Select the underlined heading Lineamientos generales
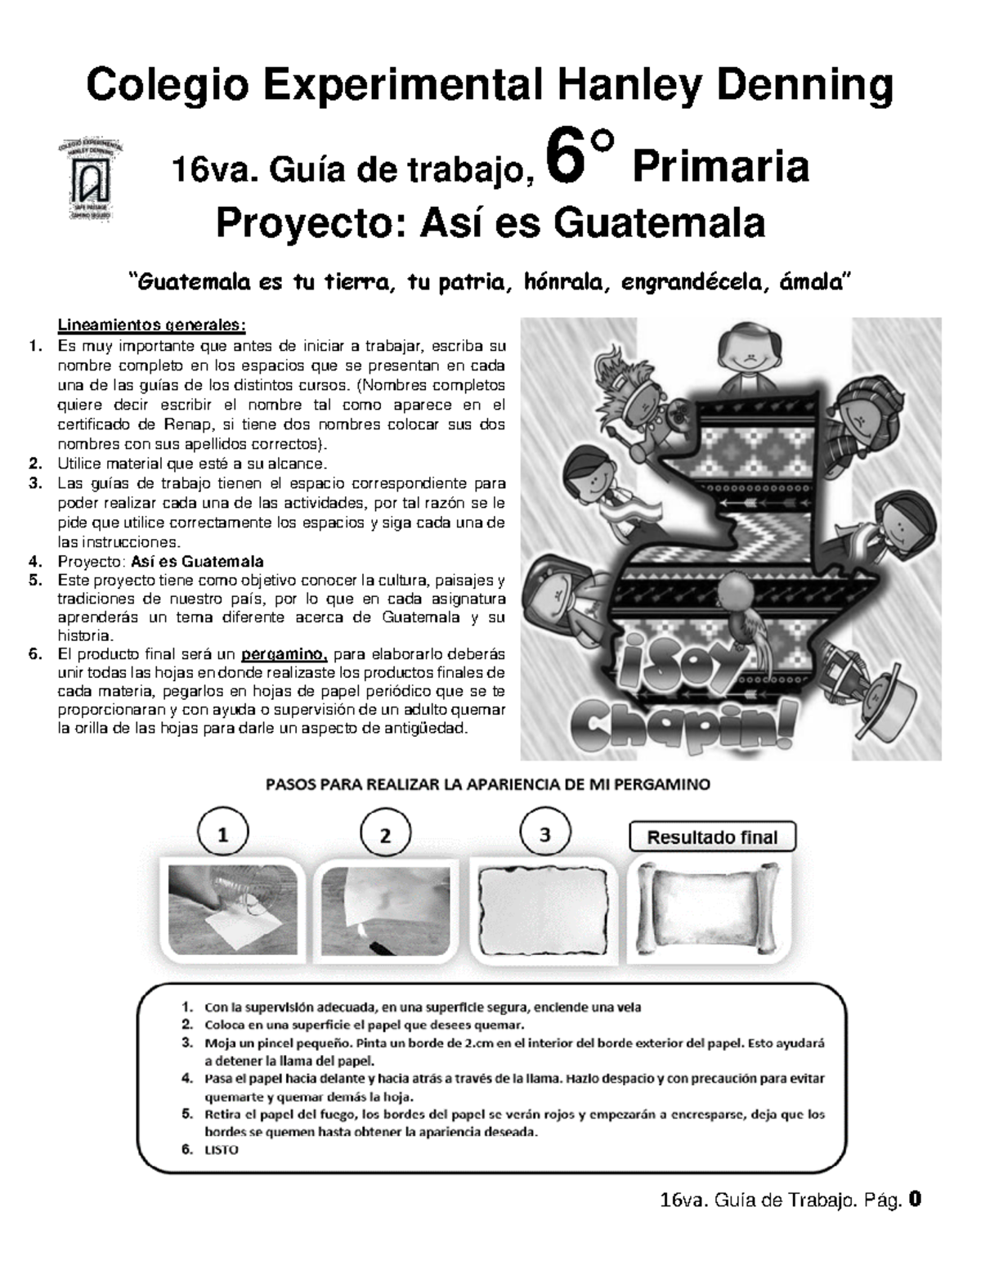(x=151, y=325)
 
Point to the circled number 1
(x=222, y=835)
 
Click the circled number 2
(x=384, y=835)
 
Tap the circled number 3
(x=544, y=834)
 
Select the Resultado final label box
(x=711, y=837)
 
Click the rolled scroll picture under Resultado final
(x=711, y=908)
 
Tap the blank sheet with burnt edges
(x=544, y=908)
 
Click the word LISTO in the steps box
(x=222, y=1149)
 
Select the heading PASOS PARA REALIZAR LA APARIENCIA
(x=487, y=784)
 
